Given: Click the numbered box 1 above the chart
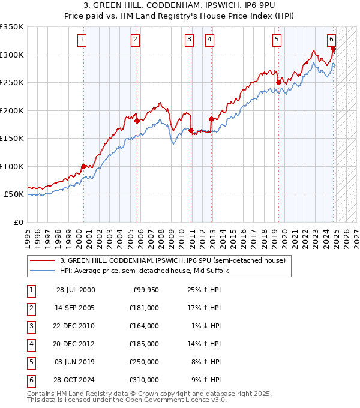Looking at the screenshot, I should pyautogui.click(x=82, y=40).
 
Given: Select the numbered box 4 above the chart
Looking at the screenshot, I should pyautogui.click(x=209, y=40).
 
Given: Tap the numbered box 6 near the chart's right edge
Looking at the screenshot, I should pyautogui.click(x=331, y=40).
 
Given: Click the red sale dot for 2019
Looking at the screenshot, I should pyautogui.click(x=278, y=82).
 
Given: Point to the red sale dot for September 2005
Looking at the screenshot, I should pyautogui.click(x=137, y=121).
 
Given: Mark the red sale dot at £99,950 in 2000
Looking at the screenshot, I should pyautogui.click(x=83, y=166).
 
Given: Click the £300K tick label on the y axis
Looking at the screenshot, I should pyautogui.click(x=12, y=55).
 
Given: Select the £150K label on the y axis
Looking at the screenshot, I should pyautogui.click(x=12, y=138).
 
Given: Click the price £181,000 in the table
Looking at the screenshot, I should pyautogui.click(x=145, y=308).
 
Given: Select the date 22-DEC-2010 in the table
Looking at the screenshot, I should pyautogui.click(x=76, y=326).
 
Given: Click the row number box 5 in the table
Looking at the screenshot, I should pyautogui.click(x=31, y=362).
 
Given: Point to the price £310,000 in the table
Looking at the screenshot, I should pyautogui.click(x=145, y=380).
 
